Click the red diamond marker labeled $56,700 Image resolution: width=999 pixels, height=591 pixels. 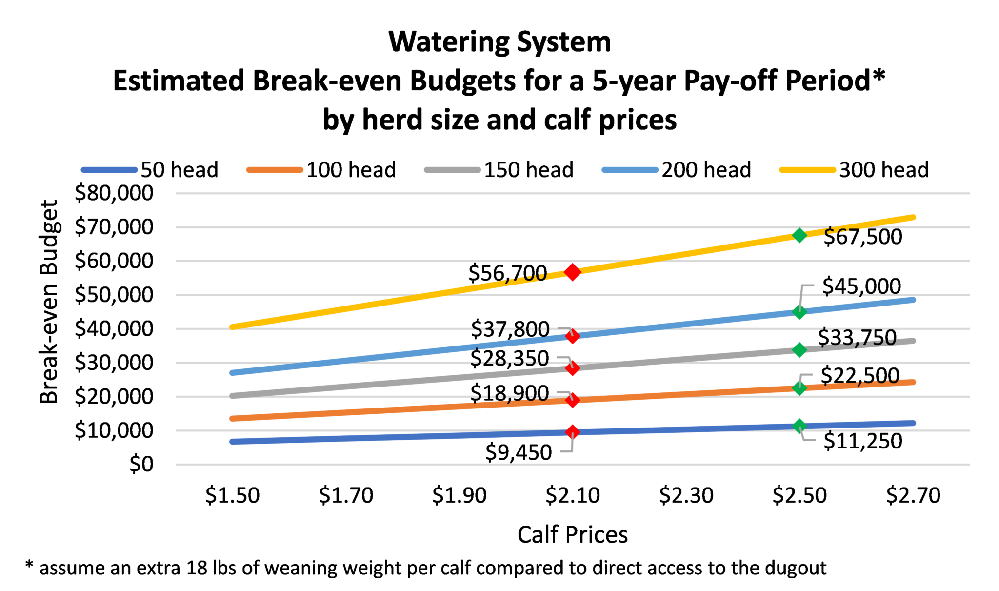572,272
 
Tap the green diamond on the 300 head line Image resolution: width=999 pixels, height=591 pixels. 799,235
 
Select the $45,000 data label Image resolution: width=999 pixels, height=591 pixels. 861,286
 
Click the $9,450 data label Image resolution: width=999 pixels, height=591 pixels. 519,452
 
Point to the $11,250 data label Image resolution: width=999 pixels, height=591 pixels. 863,441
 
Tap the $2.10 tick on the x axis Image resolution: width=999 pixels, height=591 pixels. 573,495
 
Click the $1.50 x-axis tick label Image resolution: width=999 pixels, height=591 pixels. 232,495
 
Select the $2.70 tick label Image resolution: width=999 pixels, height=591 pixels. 913,495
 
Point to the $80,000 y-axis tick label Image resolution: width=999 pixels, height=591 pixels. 114,193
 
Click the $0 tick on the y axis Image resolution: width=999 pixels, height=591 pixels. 141,464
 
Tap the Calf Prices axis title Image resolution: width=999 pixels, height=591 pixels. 572,534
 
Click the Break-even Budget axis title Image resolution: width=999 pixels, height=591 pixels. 49,302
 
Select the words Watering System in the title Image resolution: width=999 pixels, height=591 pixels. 499,42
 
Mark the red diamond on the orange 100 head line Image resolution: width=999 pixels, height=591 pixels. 572,400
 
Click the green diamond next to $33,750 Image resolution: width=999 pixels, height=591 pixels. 799,350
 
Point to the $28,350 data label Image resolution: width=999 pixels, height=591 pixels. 509,359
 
